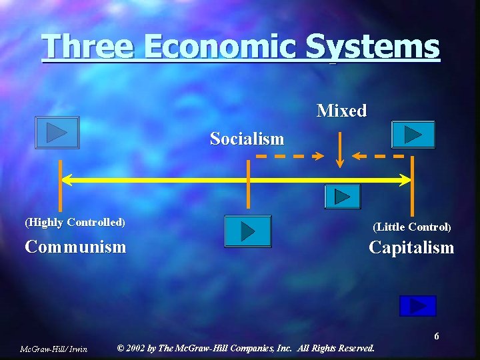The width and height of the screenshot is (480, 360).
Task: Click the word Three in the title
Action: [x=87, y=47]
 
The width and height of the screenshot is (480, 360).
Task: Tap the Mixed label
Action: [x=341, y=111]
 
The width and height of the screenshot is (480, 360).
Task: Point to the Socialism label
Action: [x=247, y=139]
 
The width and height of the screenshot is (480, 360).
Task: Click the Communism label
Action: [x=75, y=247]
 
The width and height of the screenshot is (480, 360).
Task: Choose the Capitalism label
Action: [x=411, y=247]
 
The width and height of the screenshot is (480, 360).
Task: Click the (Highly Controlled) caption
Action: [x=75, y=222]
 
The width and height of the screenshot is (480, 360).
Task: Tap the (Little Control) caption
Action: [x=412, y=227]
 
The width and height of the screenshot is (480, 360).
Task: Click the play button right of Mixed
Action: [x=413, y=134]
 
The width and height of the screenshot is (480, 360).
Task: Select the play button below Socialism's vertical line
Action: [x=248, y=231]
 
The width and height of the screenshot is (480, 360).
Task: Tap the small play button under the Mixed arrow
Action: [x=342, y=197]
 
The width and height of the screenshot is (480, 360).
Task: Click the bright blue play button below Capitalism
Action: [x=417, y=305]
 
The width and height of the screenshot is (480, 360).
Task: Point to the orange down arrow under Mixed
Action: [x=341, y=149]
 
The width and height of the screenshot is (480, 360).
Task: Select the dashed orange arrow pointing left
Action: [x=378, y=157]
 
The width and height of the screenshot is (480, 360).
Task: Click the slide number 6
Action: [x=437, y=336]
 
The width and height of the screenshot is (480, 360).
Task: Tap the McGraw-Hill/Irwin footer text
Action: [x=54, y=349]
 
